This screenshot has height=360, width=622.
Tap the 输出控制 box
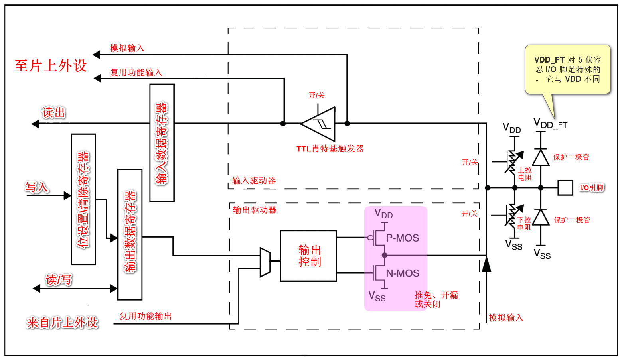coord(308,256)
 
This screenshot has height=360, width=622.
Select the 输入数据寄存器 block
coord(162,143)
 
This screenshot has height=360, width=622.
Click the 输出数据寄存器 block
coord(130,234)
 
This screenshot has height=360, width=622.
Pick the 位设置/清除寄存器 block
coord(83,199)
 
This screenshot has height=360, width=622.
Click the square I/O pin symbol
coord(565,187)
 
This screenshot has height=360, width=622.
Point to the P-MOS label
coord(402,238)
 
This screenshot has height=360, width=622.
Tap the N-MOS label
coord(402,273)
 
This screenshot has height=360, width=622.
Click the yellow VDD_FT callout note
coord(567,69)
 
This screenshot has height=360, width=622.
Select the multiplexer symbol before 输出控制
coord(265,262)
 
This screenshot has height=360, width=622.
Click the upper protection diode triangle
coord(541,157)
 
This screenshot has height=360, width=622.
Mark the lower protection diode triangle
coord(541,217)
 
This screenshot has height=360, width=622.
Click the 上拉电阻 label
coord(525,174)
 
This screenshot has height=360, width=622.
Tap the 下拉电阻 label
coord(524,224)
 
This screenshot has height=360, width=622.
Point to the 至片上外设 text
coord(51,66)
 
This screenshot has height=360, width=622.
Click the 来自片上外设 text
coord(62,323)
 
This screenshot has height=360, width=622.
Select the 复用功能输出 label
coord(146,316)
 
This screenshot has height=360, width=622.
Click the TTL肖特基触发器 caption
coord(330,149)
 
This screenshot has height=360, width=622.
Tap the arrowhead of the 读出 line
coord(35,124)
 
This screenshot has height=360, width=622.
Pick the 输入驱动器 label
coord(254,181)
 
